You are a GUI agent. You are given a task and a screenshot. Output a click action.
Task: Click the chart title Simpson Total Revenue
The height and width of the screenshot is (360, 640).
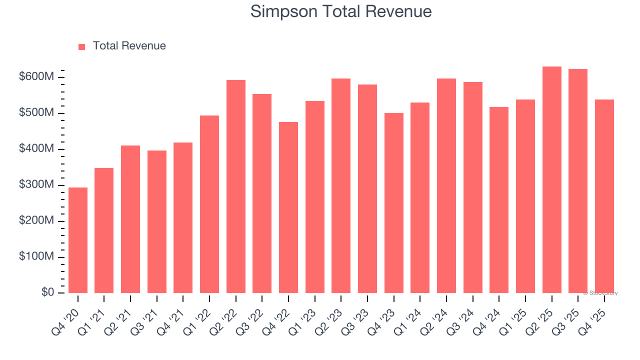point(340,11)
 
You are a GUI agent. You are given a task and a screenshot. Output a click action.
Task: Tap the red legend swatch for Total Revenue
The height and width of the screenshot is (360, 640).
point(82,46)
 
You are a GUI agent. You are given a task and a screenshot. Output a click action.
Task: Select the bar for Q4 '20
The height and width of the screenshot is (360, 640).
point(78,240)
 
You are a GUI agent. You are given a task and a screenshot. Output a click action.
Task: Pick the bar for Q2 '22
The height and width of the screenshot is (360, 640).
point(236,186)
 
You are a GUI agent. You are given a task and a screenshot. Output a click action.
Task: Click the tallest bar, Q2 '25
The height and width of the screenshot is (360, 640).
point(552,180)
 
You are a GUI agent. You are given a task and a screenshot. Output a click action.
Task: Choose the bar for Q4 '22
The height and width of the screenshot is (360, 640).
point(288,207)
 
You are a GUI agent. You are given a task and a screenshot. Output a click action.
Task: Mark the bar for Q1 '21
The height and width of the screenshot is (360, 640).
point(104,230)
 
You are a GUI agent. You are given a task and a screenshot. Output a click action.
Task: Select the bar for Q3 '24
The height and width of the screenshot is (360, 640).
point(473,187)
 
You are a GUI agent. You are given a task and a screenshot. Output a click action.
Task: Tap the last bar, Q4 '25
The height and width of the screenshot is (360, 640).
point(604,196)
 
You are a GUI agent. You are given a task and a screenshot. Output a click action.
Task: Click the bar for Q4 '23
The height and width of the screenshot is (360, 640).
point(394,203)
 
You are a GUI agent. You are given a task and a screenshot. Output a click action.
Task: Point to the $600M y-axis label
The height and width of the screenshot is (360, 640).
point(36,77)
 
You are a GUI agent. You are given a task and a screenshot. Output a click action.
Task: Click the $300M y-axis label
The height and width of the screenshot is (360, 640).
point(36,185)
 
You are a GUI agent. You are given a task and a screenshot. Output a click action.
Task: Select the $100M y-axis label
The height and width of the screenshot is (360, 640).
point(36,256)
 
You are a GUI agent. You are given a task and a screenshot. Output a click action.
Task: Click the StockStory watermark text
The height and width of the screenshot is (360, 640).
point(600,293)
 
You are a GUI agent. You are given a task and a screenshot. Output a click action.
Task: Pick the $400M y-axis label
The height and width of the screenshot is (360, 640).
point(36,149)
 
